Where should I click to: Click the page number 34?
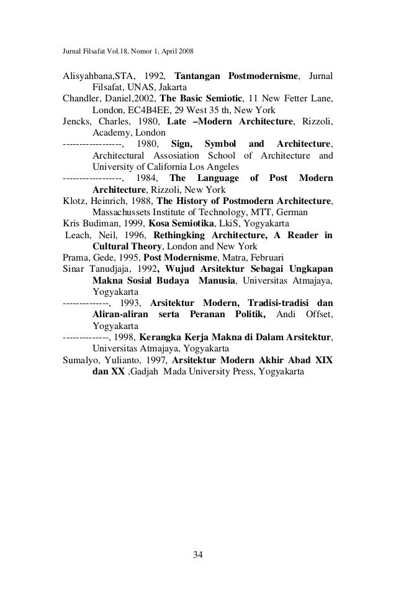[198, 554]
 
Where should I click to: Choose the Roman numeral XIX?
[323, 359]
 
